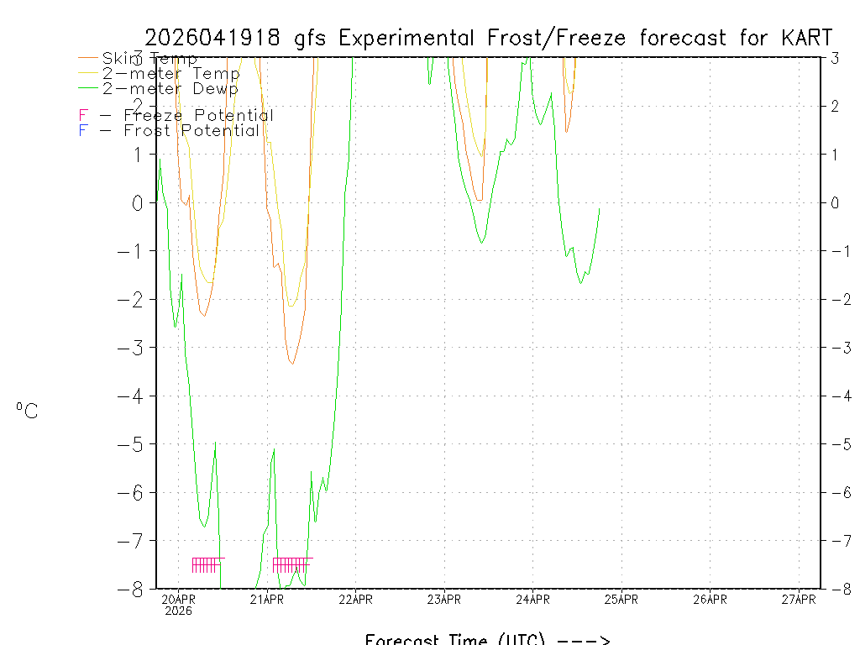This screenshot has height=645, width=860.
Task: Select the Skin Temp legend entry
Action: [x=149, y=59]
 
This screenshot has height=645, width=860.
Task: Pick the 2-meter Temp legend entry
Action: [x=170, y=74]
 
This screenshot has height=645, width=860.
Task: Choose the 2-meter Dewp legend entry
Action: [x=170, y=88]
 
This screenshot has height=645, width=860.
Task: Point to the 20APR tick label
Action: [x=178, y=599]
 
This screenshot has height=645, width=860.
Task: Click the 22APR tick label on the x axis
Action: [x=355, y=599]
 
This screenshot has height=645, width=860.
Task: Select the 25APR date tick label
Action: [x=621, y=599]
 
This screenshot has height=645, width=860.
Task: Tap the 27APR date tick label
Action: [x=799, y=599]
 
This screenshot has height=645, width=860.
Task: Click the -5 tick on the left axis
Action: [x=134, y=444]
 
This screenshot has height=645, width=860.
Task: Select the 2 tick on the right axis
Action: [x=835, y=107]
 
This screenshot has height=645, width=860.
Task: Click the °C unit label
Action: [x=26, y=411]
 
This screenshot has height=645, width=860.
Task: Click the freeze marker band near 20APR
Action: [x=207, y=564]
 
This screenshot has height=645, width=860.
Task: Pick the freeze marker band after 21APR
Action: [x=292, y=564]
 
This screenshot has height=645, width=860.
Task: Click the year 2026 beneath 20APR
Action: [x=178, y=611]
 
